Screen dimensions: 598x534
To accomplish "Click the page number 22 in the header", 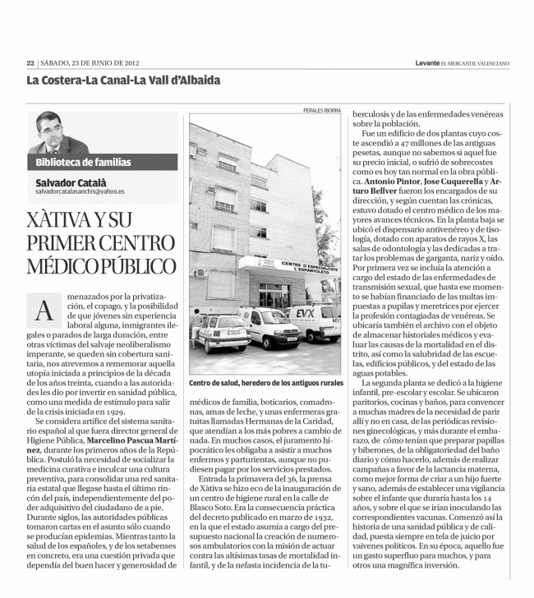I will point(30,62).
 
